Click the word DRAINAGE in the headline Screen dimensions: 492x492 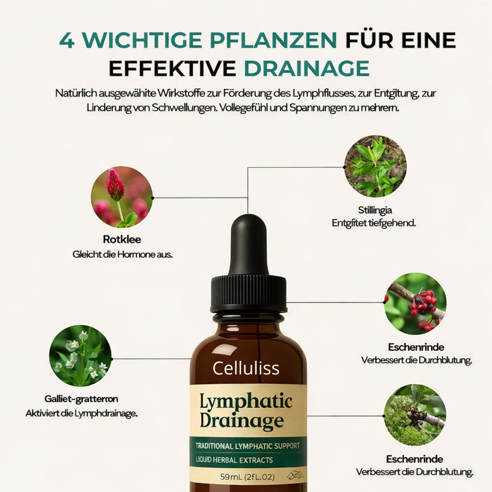(307, 68)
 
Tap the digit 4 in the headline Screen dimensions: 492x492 (67, 40)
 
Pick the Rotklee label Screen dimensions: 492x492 (122, 239)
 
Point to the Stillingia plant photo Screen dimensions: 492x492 (375, 167)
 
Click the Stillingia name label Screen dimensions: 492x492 (375, 210)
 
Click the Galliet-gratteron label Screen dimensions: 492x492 (81, 399)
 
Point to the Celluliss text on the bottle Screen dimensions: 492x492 (246, 368)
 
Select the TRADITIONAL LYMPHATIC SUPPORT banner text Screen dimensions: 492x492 (247, 446)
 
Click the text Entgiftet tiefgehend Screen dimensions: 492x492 (373, 223)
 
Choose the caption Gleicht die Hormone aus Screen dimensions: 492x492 (122, 255)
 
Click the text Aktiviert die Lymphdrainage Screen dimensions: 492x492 (81, 414)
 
